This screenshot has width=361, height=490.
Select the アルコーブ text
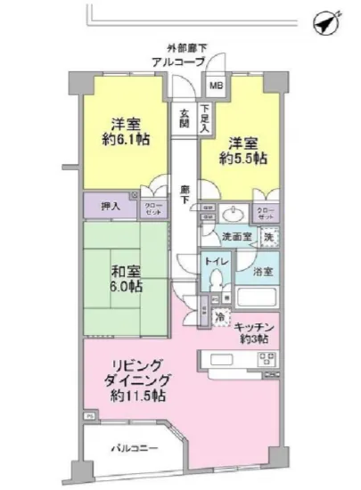(x=179, y=61)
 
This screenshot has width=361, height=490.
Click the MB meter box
(x=217, y=86)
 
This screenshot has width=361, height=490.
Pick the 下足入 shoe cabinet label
(x=205, y=119)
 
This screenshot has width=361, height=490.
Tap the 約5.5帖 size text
(x=245, y=159)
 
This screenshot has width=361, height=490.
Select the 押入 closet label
(x=106, y=205)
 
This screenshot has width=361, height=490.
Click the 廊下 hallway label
(x=184, y=194)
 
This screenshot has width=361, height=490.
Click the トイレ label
(x=214, y=263)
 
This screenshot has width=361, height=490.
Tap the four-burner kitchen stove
(x=266, y=362)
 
